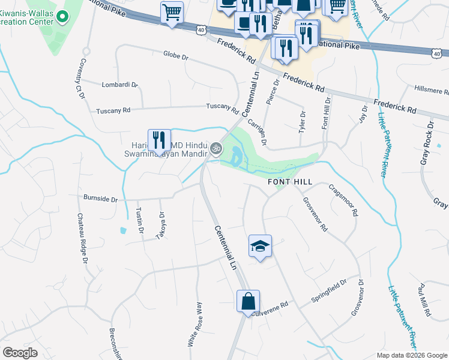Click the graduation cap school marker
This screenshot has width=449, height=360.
click(x=260, y=246)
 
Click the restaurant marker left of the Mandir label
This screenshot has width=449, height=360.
click(x=159, y=140)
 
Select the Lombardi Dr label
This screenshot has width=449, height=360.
click(x=119, y=85)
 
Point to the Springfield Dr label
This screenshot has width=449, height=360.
click(x=329, y=290)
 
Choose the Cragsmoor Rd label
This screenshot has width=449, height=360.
click(x=343, y=200)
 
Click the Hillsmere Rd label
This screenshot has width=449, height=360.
click(x=431, y=91)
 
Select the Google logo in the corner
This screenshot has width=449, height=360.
click(x=20, y=353)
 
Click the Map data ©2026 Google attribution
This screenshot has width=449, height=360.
click(x=411, y=355)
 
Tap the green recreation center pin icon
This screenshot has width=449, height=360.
click(x=58, y=282)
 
